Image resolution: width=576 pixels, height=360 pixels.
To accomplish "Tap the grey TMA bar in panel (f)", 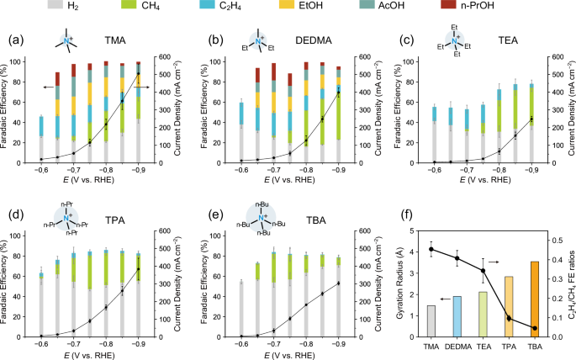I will click(x=431, y=320).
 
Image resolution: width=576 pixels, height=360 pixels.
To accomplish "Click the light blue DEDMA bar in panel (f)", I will click(x=456, y=316).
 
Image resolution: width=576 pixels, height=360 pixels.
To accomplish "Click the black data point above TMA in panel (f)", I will click(x=431, y=249).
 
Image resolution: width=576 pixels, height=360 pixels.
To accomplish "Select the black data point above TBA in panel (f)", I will click(x=532, y=328).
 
